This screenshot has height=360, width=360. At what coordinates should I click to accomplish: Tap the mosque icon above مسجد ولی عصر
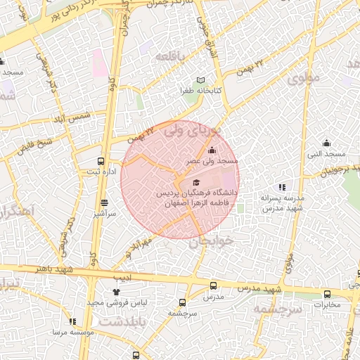point(212,149)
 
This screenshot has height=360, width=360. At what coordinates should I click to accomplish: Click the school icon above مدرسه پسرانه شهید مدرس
point(282,187)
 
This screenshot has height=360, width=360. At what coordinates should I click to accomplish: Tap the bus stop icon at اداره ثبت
point(102,161)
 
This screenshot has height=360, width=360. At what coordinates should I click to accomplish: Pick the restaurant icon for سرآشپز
point(104,202)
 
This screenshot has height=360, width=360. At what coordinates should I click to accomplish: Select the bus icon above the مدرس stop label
point(213,285)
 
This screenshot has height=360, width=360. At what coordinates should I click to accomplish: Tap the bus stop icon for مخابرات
point(326,294)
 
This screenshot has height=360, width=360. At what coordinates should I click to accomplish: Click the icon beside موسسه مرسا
point(72,321)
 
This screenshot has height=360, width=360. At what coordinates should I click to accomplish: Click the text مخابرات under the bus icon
point(326,304)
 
